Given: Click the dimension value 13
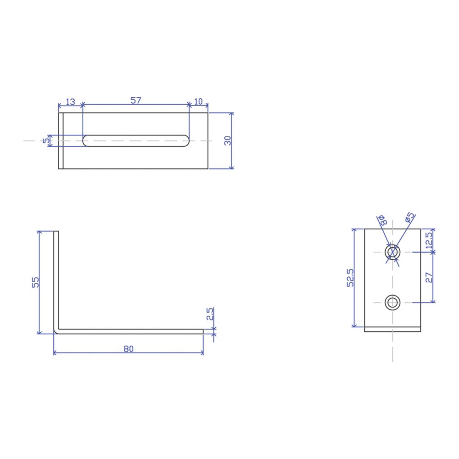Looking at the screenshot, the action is tap(70, 102).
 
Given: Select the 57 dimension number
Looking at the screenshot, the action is tap(135, 101).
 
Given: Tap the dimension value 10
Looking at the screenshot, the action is tap(198, 101).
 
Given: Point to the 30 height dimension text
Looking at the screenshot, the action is tap(228, 140).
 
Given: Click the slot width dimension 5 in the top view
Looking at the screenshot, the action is tap(46, 141).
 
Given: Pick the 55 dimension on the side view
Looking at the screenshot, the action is tap(35, 282).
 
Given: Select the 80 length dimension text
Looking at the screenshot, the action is tap(128, 349).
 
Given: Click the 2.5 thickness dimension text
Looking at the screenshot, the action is tap(210, 314).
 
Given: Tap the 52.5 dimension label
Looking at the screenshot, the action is tap(350, 278).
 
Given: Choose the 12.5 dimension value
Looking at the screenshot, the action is tap(429, 241).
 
